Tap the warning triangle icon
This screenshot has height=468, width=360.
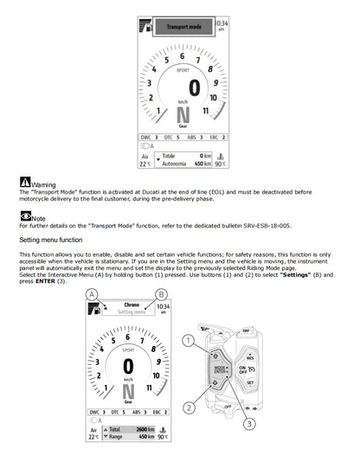24,183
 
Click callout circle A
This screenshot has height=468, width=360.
90,295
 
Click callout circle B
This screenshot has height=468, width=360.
160,295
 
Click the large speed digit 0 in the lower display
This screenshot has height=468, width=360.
128,365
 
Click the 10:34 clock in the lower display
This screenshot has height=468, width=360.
164,309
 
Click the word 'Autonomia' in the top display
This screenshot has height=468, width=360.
176,163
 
